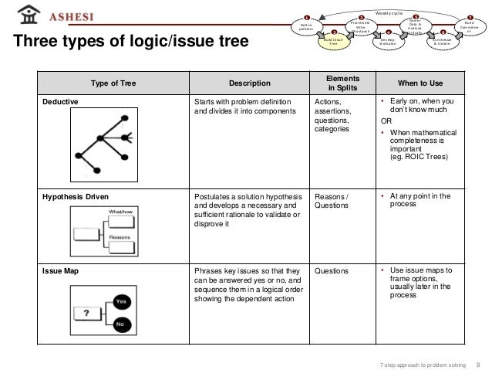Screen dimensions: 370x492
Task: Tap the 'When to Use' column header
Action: (x=421, y=82)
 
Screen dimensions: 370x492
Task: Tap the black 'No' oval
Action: (x=120, y=325)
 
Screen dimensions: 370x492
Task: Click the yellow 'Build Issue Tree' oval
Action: (x=333, y=42)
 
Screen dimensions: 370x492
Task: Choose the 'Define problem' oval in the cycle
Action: (x=305, y=27)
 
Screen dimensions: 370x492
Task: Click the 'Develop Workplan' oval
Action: (x=388, y=42)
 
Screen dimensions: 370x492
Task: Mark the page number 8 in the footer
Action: (x=479, y=363)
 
